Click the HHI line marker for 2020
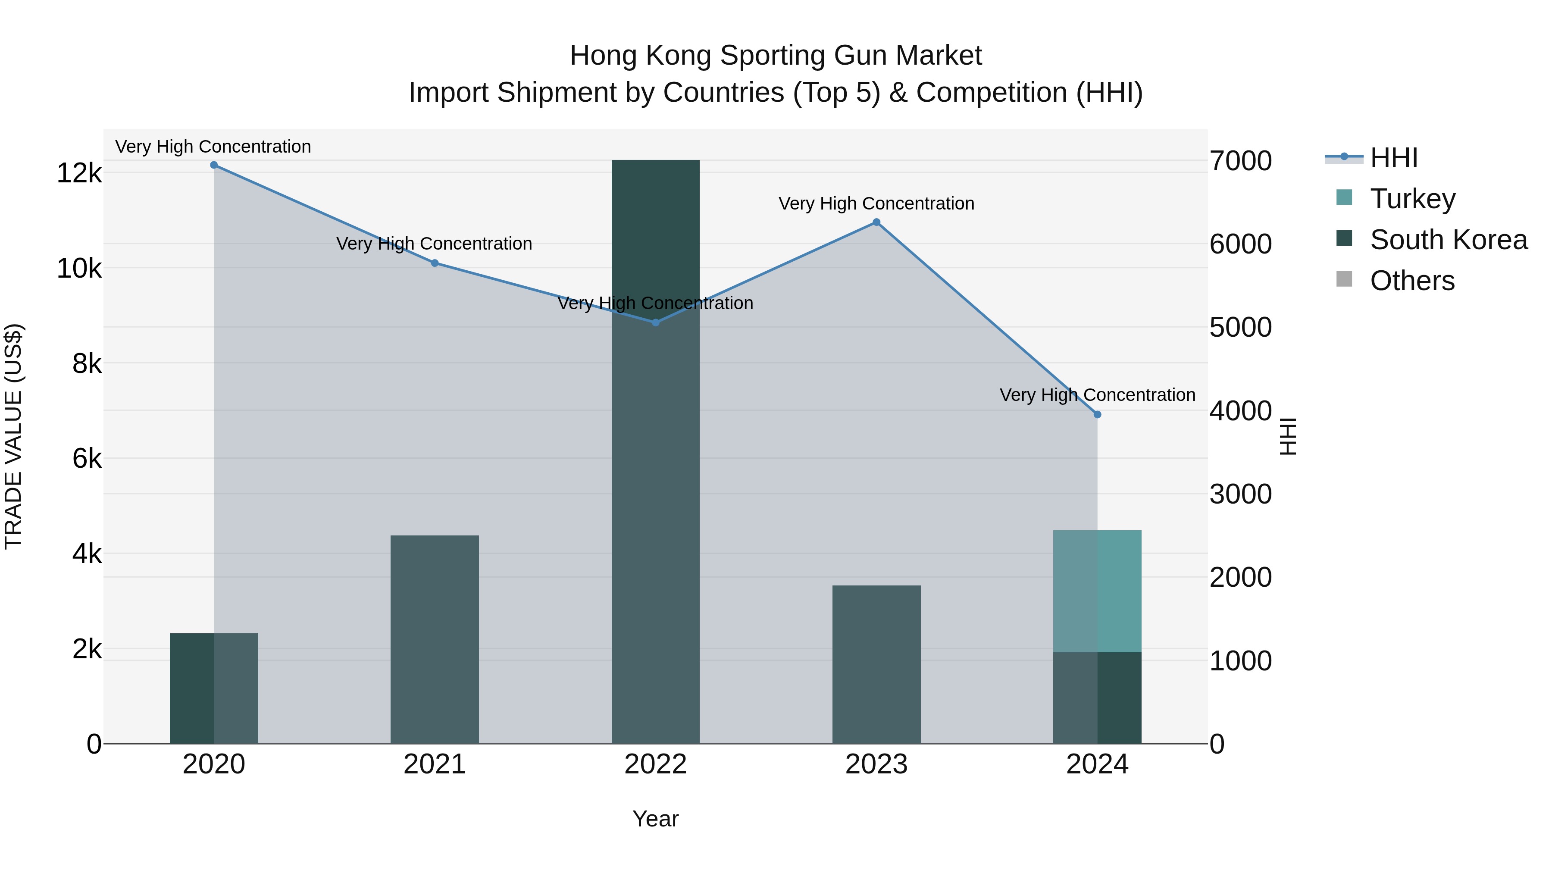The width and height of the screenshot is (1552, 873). [214, 165]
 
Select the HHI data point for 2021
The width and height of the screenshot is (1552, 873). [435, 263]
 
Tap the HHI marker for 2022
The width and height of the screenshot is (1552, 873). [655, 323]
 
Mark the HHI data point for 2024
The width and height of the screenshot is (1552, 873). [1097, 414]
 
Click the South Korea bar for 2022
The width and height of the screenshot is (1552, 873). [655, 452]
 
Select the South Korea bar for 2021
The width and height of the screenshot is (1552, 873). [435, 638]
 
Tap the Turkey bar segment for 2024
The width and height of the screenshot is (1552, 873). [1097, 591]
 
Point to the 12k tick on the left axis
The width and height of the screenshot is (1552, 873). [79, 173]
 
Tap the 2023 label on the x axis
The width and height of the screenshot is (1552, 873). [876, 764]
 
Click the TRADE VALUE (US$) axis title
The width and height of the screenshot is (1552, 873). [14, 436]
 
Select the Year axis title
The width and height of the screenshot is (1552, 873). [655, 819]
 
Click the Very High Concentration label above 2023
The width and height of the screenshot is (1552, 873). [876, 203]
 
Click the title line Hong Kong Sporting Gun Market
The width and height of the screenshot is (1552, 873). [776, 56]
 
